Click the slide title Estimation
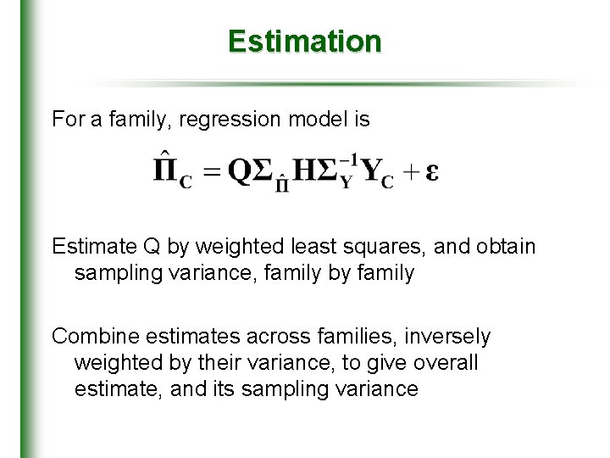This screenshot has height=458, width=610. pos(304,41)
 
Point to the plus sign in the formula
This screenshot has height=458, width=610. pos(410,171)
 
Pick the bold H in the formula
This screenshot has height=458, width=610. pos(302,171)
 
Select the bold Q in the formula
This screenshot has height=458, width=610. pos(242,171)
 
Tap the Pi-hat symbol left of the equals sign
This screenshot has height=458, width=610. pos(166,170)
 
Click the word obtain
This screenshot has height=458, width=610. pos(507,247)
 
